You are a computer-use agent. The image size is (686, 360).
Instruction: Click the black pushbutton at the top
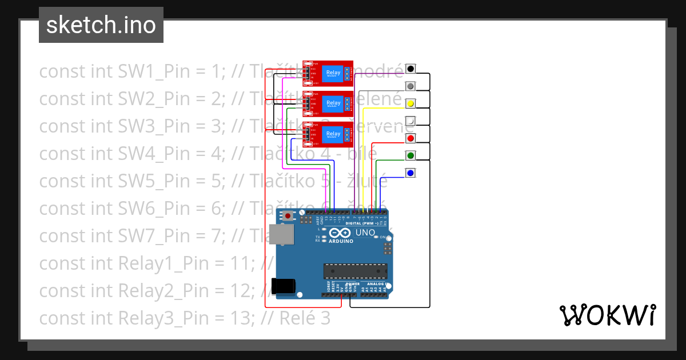point(410,69)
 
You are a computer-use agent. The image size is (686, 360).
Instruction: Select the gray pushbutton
point(410,86)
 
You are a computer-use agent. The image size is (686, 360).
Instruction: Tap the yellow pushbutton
point(410,103)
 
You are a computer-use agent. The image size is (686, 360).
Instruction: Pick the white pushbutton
point(410,121)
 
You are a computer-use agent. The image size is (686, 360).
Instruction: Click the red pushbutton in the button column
point(410,138)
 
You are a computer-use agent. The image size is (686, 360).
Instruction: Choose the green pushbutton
point(410,155)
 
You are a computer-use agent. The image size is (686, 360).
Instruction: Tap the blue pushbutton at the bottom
point(410,172)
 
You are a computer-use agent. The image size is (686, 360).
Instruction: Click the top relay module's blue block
point(333,73)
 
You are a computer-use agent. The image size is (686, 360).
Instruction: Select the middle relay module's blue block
point(333,103)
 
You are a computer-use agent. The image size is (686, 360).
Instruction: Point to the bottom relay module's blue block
point(333,134)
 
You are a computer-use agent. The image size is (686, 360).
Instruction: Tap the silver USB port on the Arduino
point(284,234)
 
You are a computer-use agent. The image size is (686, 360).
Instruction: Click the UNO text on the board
point(365,233)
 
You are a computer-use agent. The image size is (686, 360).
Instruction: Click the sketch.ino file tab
point(101,25)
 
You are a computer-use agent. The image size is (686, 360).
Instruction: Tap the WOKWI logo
point(607,315)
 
